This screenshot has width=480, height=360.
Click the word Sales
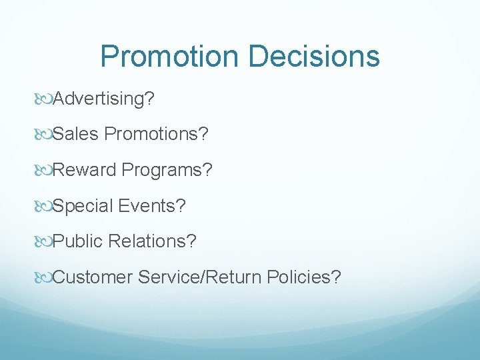coord(75,135)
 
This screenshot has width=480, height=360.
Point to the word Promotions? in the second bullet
coord(157,135)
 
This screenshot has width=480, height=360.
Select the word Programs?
coord(167,171)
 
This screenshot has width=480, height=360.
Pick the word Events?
coord(152,206)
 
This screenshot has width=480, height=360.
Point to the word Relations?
coord(152,241)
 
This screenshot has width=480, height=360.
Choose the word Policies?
coord(303,277)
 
